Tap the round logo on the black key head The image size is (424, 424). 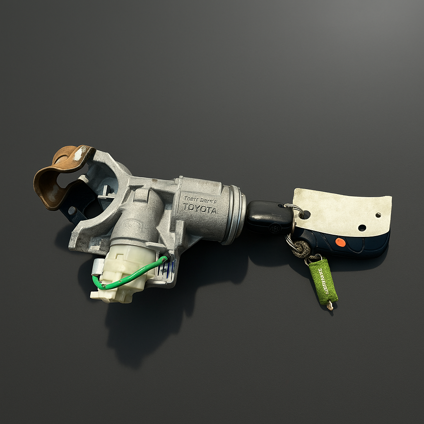(x=274, y=228)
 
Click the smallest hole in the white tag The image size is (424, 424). (x=378, y=215)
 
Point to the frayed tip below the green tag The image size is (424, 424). (x=330, y=306)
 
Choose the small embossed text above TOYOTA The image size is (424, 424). (x=198, y=199)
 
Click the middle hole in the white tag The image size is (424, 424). (x=362, y=228)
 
